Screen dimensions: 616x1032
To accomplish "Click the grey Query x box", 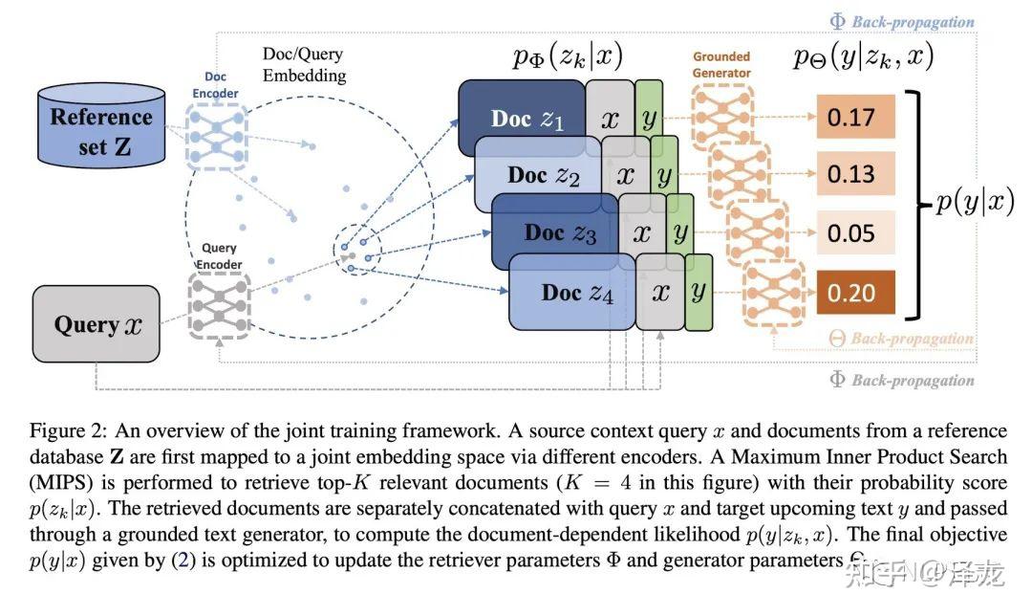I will pos(97,324).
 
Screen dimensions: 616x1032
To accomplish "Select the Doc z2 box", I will pos(535,175).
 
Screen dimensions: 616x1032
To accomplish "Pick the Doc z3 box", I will pos(553,232).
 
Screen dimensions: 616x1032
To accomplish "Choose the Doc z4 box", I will pos(570,292).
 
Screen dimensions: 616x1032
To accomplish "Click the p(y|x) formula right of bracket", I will pos(974,203).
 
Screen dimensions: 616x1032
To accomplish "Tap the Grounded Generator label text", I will pos(721,64).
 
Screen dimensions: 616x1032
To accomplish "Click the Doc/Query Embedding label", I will pos(305,65).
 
